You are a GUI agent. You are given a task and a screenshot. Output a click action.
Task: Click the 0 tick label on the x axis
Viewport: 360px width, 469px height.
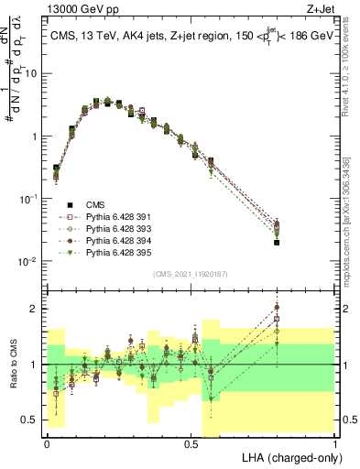[x=46, y=442]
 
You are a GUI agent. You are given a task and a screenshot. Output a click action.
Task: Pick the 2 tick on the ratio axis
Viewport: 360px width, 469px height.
[x=36, y=309]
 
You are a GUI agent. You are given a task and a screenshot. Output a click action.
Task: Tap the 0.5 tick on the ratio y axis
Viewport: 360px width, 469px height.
[x=30, y=420]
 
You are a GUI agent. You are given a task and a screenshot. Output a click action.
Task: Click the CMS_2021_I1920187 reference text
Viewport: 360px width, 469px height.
[x=191, y=272]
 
